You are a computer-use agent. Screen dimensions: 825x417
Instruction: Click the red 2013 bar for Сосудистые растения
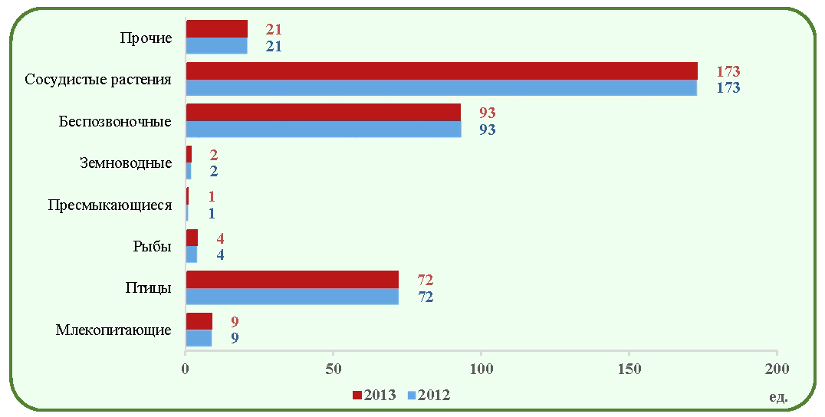tap(442, 71)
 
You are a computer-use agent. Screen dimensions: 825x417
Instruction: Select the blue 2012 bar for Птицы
tap(293, 296)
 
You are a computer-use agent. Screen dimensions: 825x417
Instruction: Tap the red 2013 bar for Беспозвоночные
tap(324, 113)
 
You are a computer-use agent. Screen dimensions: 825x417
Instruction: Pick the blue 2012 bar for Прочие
tap(217, 46)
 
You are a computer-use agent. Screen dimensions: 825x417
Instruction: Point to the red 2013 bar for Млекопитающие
tap(199, 320)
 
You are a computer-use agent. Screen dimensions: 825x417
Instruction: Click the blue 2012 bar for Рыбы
tap(192, 254)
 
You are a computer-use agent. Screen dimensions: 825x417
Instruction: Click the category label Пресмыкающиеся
tap(110, 205)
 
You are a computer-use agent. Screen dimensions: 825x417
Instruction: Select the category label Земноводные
tap(127, 163)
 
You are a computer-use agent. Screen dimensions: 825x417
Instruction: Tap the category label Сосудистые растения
tap(98, 80)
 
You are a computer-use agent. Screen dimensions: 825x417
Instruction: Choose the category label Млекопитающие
tap(113, 330)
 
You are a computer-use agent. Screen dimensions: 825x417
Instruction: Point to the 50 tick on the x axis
tap(333, 369)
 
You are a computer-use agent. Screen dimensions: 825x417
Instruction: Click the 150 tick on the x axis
tap(629, 369)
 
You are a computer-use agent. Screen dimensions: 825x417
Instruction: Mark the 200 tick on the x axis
tap(777, 369)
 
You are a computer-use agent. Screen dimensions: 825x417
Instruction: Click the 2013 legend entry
tap(374, 395)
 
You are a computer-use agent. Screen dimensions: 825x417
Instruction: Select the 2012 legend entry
tap(429, 395)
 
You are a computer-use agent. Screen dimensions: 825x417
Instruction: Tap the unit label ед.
tap(778, 396)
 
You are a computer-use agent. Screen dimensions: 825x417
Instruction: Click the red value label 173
tap(728, 71)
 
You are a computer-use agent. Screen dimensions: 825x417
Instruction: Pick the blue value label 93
tap(487, 130)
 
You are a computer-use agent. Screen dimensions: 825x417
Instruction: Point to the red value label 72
tap(425, 281)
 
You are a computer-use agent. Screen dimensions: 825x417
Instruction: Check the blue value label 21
tap(274, 46)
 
